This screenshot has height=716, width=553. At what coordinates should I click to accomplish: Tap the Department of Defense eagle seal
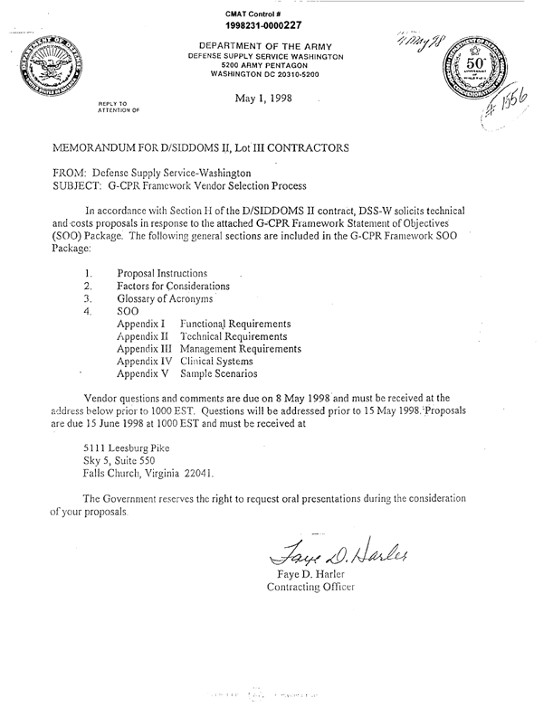click(46, 69)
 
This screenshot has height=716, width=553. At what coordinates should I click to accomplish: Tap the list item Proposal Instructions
click(162, 273)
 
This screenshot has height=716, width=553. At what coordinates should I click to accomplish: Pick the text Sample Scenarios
click(219, 372)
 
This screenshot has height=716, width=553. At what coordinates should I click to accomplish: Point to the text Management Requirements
click(241, 348)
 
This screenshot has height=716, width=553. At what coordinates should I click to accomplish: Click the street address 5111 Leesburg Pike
click(125, 447)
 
